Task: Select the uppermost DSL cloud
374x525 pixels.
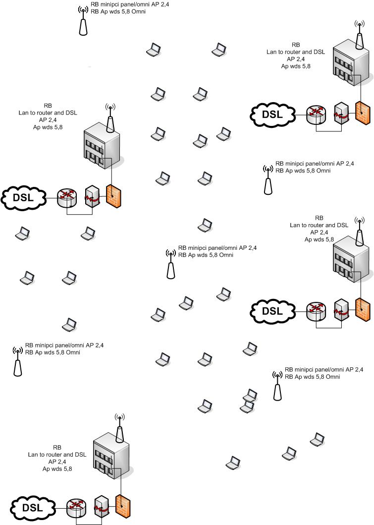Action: [271, 115]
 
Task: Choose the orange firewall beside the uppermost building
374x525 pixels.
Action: [362, 115]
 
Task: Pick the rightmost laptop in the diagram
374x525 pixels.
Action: [317, 439]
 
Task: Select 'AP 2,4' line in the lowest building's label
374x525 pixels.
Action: [57, 461]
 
